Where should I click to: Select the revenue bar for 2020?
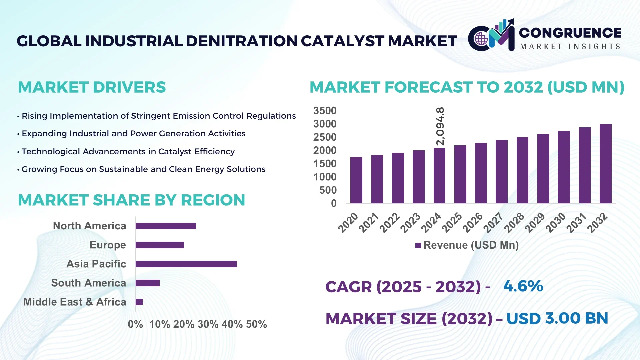click(356, 180)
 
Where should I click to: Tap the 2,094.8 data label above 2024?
click(440, 126)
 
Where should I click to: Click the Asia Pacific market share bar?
click(186, 264)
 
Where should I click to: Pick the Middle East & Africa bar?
click(139, 302)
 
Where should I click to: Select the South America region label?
click(88, 283)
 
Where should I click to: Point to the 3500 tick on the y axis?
click(325, 111)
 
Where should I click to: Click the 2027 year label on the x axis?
click(493, 223)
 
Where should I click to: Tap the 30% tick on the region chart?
click(208, 324)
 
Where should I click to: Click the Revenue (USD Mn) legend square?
click(418, 246)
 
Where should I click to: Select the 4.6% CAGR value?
click(523, 286)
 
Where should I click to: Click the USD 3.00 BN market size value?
click(557, 318)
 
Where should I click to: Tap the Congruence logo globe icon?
click(481, 39)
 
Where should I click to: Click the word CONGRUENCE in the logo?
click(570, 33)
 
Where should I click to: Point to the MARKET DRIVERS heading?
click(92, 87)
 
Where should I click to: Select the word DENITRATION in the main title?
click(241, 41)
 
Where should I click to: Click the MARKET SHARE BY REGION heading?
click(131, 200)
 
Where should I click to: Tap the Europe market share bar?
click(160, 245)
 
